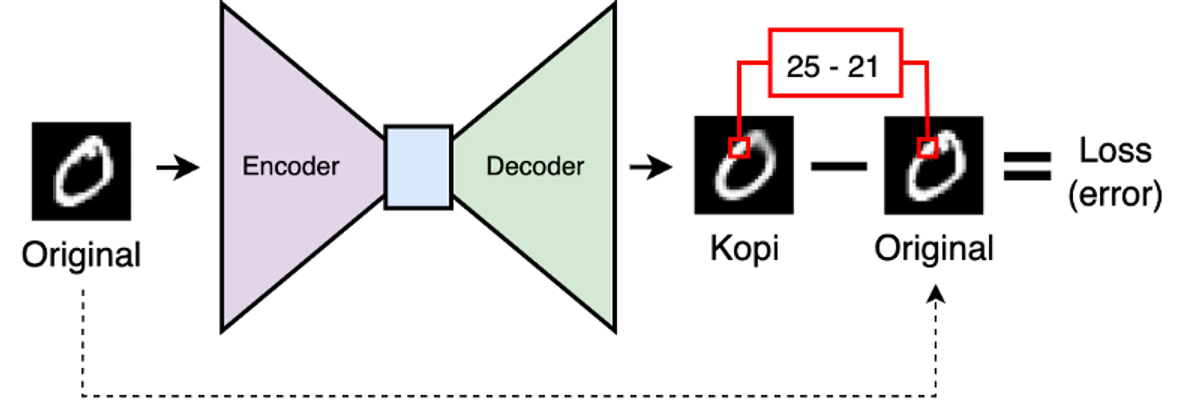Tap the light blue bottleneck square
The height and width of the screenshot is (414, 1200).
point(418,165)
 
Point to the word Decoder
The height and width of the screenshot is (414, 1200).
point(535,166)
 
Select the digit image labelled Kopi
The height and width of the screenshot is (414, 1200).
point(744,165)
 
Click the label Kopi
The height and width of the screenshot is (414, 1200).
point(744,247)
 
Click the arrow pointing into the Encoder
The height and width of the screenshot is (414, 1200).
point(179,167)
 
